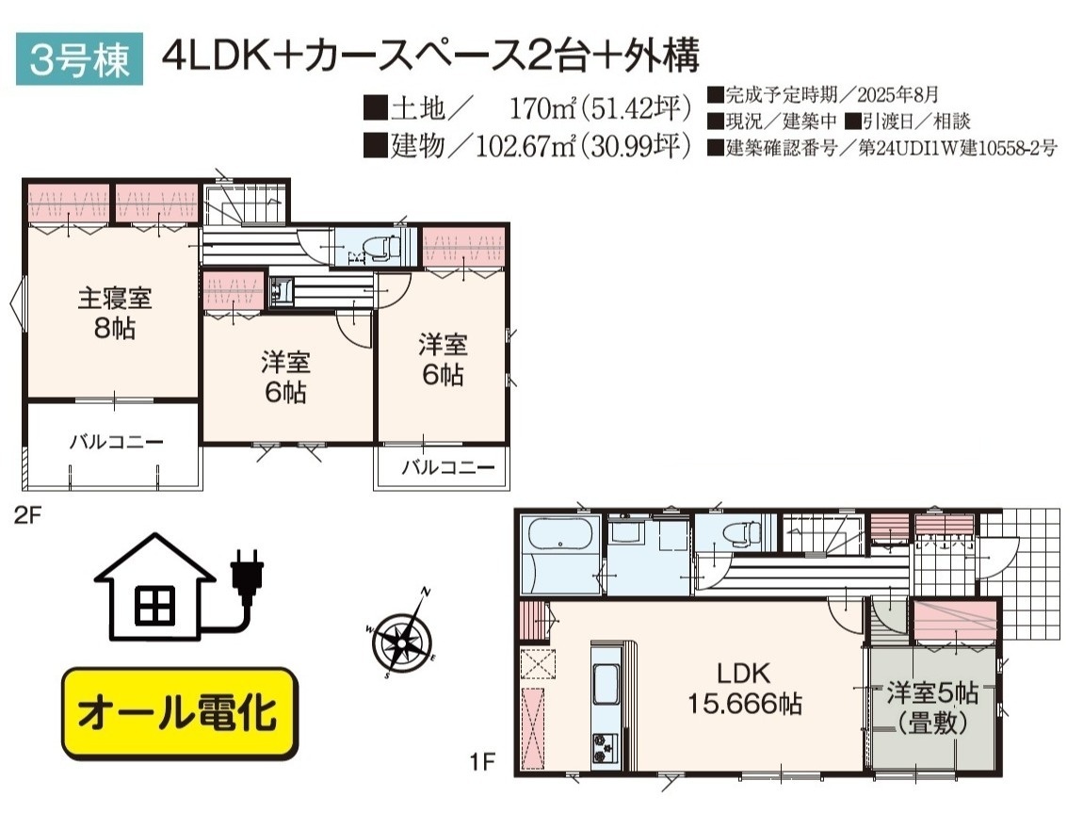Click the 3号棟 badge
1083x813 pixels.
pos(79,58)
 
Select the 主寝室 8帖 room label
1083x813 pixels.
pos(115,312)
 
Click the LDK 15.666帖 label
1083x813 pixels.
pos(745,689)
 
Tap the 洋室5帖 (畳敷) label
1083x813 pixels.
pos(932,707)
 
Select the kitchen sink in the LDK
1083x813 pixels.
pos(606,684)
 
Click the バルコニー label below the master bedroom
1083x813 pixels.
pos(116,442)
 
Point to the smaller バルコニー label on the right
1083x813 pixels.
pos(448,467)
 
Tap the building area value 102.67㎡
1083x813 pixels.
pos(525,146)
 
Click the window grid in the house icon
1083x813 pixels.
pos(154,605)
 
